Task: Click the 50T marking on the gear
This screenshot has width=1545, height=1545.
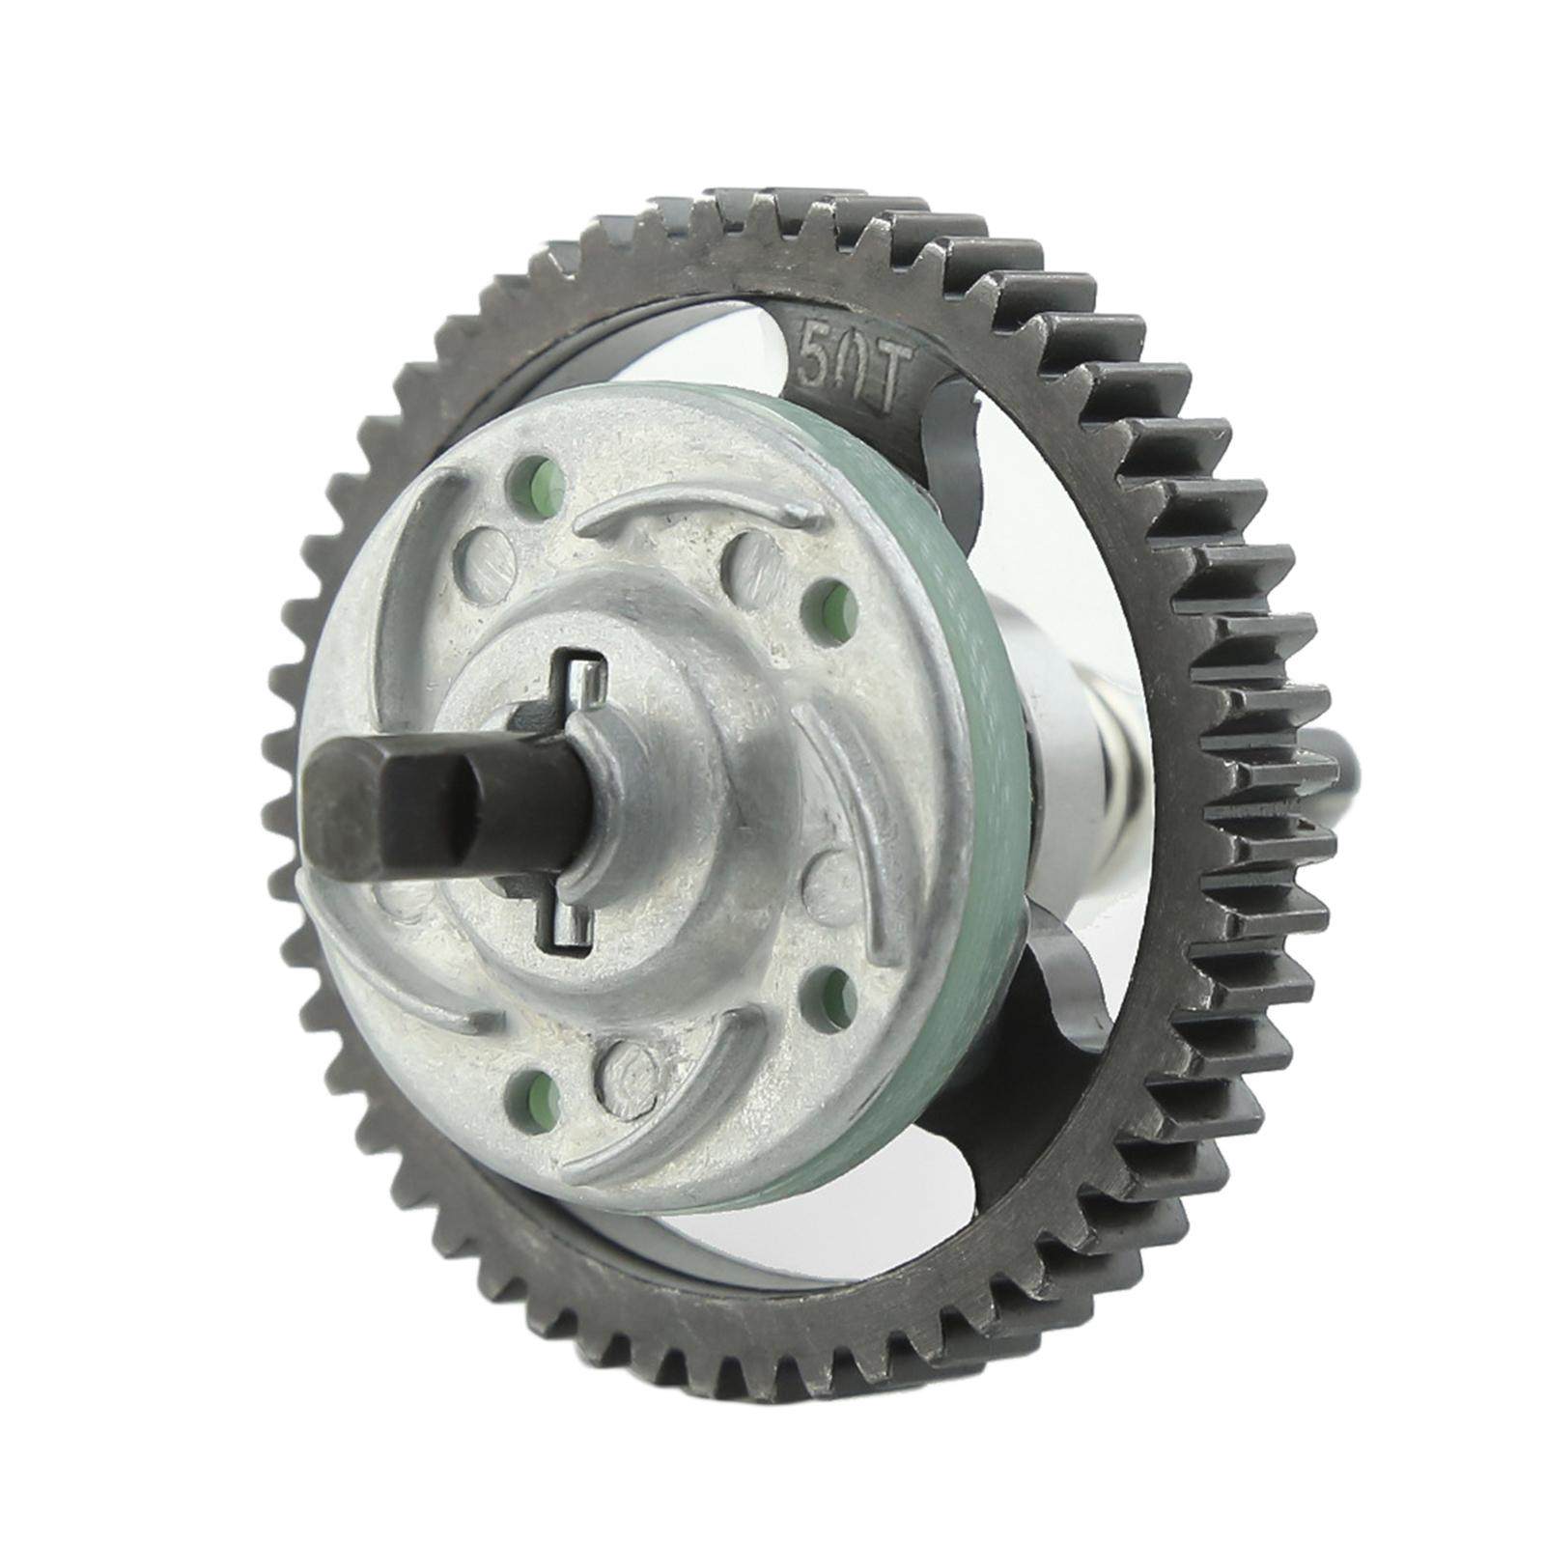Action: [x=850, y=370]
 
